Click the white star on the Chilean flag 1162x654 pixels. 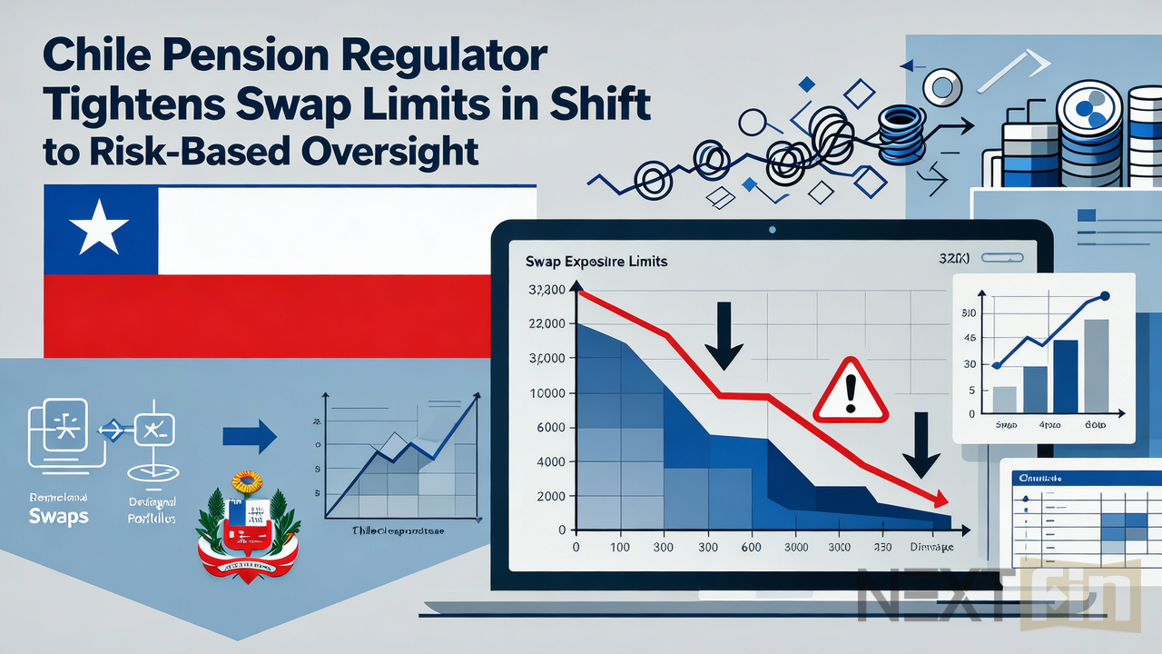(x=98, y=228)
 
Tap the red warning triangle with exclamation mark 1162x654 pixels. (x=850, y=390)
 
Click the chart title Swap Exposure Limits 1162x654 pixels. (x=596, y=262)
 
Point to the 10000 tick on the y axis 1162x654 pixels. (x=547, y=393)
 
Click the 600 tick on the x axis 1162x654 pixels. (x=750, y=548)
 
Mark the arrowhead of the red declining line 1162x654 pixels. (x=940, y=500)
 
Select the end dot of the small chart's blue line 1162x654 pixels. (x=1105, y=296)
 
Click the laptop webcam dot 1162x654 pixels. (x=772, y=229)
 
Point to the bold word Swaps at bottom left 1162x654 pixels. (x=58, y=515)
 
